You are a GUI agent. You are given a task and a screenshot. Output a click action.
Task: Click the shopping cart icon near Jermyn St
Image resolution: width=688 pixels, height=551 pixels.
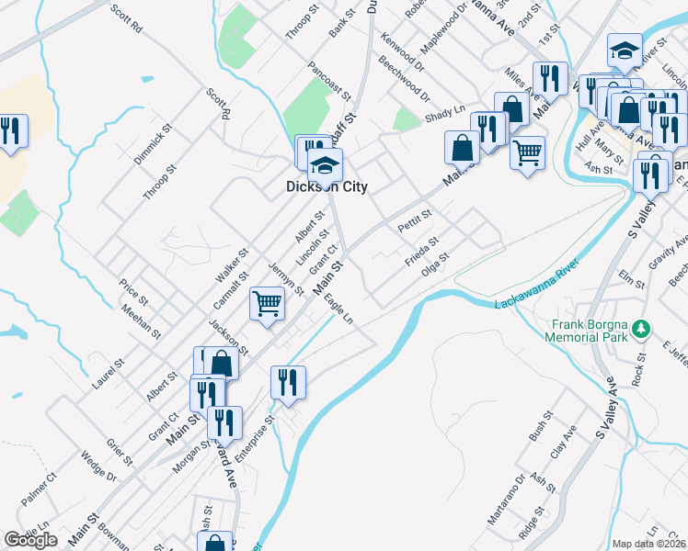pos(267,302)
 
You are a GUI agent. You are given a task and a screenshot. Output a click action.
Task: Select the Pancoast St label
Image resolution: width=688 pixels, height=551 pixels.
pos(330,81)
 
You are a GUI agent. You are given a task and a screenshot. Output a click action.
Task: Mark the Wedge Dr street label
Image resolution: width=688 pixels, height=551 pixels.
pos(97,467)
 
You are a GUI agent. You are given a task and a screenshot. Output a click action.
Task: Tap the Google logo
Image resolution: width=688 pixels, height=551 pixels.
pos(31,540)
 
